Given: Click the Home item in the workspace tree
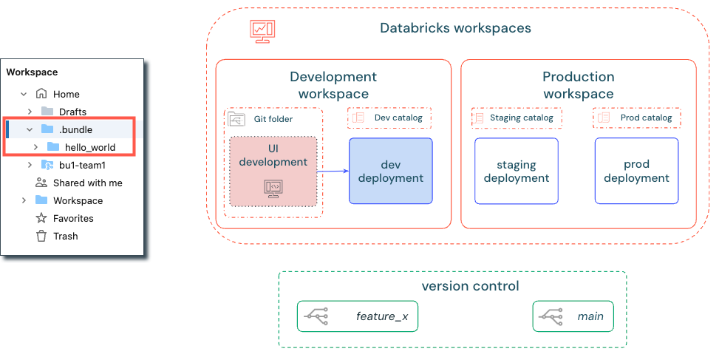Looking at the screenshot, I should click(66, 94).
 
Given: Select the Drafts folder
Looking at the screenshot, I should click(73, 112).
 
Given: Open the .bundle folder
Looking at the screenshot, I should click(75, 129).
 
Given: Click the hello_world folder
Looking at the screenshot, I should click(89, 147).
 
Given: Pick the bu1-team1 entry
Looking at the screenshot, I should click(82, 165).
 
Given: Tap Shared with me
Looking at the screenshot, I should click(87, 183).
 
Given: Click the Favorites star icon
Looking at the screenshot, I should click(41, 218).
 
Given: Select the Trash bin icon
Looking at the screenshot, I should click(41, 236).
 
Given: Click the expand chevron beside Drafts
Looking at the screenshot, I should click(30, 112).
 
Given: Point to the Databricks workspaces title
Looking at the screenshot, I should click(455, 29).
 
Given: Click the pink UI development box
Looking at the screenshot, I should click(273, 171).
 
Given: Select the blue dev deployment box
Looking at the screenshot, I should click(390, 171).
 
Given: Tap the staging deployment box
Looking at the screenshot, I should click(516, 171).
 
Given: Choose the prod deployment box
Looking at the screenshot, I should click(636, 171).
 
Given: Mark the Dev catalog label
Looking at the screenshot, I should click(389, 118).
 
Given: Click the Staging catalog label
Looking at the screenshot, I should click(517, 118).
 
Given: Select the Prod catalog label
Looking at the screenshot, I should click(637, 118).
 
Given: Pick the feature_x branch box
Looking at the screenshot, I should click(358, 316).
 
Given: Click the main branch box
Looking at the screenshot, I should click(573, 316).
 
